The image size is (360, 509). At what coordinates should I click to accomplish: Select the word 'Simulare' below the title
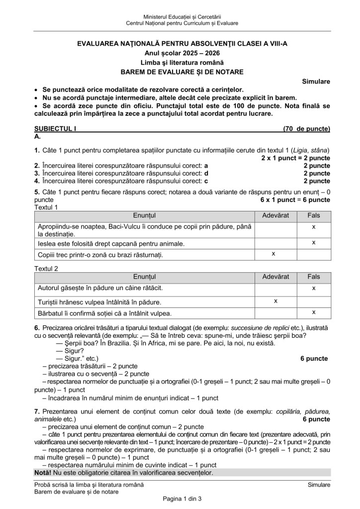(x=316, y=81)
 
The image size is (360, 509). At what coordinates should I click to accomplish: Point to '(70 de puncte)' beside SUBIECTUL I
(x=306, y=129)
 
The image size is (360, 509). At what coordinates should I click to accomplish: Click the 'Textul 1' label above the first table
(x=46, y=207)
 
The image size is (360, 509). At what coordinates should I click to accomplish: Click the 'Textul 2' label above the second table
(x=46, y=269)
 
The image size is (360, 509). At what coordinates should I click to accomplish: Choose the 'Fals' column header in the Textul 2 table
(x=314, y=276)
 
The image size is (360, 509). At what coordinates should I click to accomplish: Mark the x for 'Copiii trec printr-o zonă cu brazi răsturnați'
(x=273, y=254)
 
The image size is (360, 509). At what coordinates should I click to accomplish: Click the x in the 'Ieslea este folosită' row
(x=314, y=242)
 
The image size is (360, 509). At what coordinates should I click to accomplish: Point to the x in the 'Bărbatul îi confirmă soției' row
(x=314, y=312)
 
